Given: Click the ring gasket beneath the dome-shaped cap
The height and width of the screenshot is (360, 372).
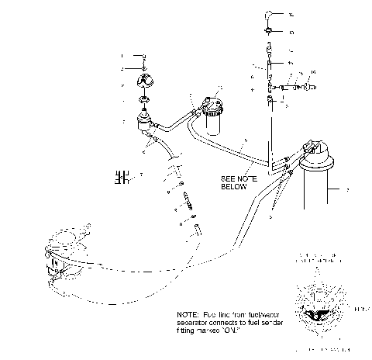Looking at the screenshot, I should [145, 101].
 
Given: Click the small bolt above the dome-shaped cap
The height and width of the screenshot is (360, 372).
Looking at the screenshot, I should [144, 57].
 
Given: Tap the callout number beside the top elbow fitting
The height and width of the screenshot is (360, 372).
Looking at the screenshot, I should [291, 16].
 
